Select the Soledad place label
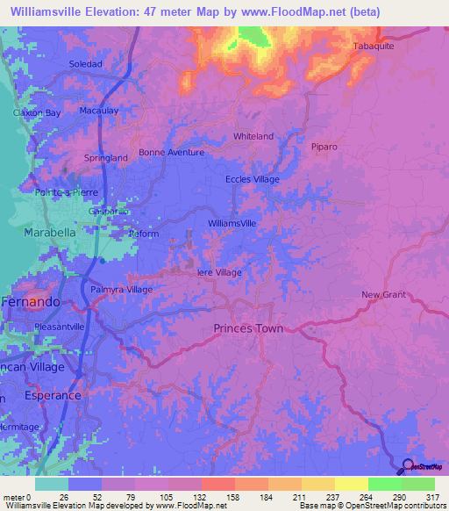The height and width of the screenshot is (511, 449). (x=86, y=64)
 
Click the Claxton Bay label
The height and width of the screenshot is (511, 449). (x=36, y=113)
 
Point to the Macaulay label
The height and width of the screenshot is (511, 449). (x=99, y=112)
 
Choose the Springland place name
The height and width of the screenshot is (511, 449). (x=105, y=158)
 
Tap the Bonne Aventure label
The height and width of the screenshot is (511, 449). (x=171, y=152)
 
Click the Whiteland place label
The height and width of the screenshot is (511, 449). (x=253, y=136)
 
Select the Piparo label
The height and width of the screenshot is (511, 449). (x=324, y=147)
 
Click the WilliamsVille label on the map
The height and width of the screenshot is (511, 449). (x=232, y=224)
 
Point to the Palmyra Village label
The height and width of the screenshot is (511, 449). (x=121, y=290)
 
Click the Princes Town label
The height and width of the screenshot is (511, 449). (x=248, y=328)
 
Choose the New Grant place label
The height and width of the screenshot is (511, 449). (x=384, y=294)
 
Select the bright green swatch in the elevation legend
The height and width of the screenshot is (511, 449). (x=384, y=484)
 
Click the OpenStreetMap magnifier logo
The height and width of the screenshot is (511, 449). (x=409, y=467)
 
